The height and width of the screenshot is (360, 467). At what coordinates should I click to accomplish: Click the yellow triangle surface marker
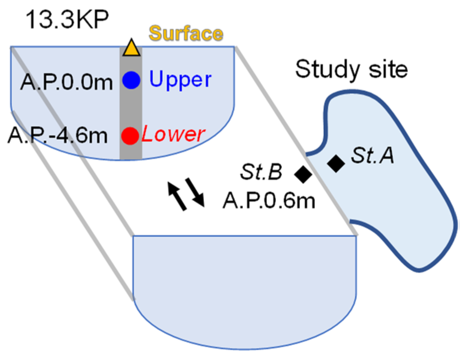(x=131, y=49)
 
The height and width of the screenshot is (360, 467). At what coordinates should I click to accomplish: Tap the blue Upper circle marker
(x=131, y=80)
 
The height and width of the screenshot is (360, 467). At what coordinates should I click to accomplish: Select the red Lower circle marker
(x=130, y=135)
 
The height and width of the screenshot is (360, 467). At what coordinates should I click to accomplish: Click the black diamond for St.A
(x=336, y=163)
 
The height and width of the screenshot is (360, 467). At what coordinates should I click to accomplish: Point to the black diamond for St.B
(x=303, y=173)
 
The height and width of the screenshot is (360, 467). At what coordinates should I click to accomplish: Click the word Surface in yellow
(x=186, y=34)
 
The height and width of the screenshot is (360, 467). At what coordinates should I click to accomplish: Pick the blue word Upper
(x=180, y=80)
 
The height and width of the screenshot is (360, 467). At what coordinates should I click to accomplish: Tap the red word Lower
(x=174, y=134)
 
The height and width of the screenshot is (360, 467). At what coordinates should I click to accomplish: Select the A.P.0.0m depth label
(x=67, y=82)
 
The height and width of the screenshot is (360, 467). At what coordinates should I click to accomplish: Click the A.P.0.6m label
(x=269, y=200)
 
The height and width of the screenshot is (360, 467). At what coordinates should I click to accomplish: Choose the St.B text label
(x=261, y=172)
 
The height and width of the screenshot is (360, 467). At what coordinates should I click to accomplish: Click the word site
(x=388, y=70)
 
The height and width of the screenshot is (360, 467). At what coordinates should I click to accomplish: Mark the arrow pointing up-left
(x=177, y=196)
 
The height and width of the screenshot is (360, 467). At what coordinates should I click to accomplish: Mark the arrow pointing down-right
(x=195, y=192)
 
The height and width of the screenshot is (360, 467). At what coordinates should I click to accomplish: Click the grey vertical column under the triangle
(x=131, y=109)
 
